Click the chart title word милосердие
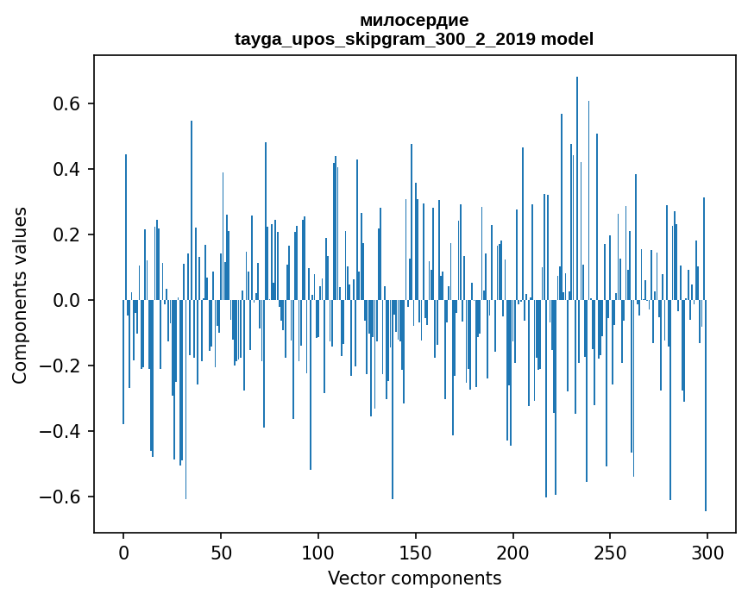pyautogui.click(x=414, y=21)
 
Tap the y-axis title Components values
pyautogui.click(x=20, y=295)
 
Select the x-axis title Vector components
pyautogui.click(x=414, y=578)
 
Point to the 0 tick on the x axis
pyautogui.click(x=123, y=551)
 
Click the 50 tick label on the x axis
pyautogui.click(x=221, y=551)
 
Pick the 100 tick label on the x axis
pyautogui.click(x=318, y=551)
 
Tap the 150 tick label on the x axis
pyautogui.click(x=416, y=551)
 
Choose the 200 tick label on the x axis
pyautogui.click(x=513, y=551)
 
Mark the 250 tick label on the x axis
pyautogui.click(x=611, y=551)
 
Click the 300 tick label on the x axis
pyautogui.click(x=708, y=551)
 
